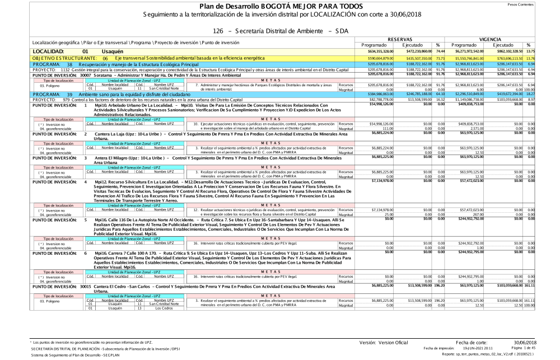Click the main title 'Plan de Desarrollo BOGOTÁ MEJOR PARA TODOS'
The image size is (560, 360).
coord(280,6)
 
